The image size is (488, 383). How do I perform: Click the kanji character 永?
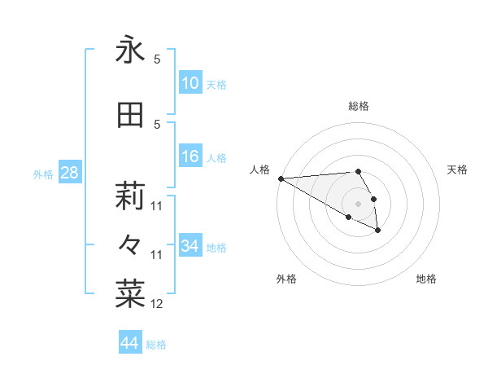pos(130,51)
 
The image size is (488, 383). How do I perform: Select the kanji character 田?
pos(130,115)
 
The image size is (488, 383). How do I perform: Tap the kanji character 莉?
pos(130,196)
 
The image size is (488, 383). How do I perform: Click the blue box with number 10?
pos(190,83)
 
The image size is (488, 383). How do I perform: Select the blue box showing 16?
pos(190,156)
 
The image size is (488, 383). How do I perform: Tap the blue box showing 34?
pos(190,246)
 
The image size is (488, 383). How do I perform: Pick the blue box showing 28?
pos(69,173)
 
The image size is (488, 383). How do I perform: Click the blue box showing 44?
pos(130,343)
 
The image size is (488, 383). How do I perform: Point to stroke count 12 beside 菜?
pos(157,304)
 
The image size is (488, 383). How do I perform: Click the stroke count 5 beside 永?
pos(157,59)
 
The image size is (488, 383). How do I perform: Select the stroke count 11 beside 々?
pos(157,255)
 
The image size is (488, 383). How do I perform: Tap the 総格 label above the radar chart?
pos(358,106)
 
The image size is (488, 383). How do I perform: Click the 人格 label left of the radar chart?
pos(259,169)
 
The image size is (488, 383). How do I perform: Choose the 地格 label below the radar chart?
pos(426,279)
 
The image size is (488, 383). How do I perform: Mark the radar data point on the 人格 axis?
pos(281,178)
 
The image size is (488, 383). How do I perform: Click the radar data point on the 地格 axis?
pos(378,231)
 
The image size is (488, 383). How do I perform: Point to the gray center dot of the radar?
pos(358,204)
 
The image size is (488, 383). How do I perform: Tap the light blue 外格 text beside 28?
pos(43,174)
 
